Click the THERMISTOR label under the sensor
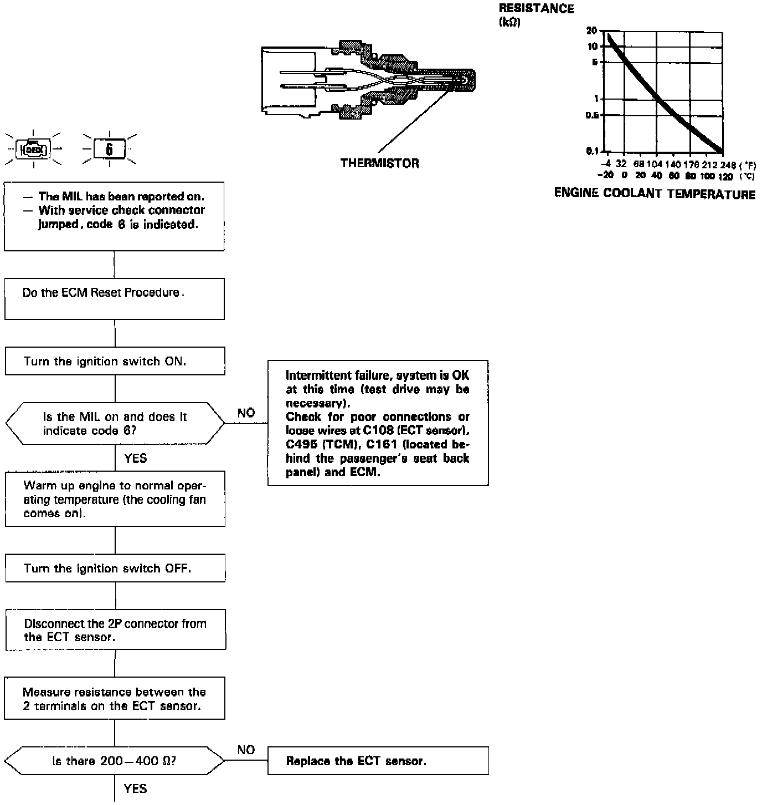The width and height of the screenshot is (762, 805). pyautogui.click(x=380, y=163)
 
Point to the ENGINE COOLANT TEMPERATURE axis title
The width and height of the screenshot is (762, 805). pyautogui.click(x=655, y=194)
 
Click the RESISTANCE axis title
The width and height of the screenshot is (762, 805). pyautogui.click(x=536, y=9)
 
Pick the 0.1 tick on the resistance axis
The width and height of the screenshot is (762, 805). pyautogui.click(x=591, y=151)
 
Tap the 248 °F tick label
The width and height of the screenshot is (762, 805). pyautogui.click(x=728, y=164)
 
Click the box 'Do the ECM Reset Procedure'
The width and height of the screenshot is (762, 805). pyautogui.click(x=115, y=299)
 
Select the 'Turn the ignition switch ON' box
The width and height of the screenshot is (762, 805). pyautogui.click(x=115, y=361)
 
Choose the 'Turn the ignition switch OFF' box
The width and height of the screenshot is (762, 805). pyautogui.click(x=115, y=568)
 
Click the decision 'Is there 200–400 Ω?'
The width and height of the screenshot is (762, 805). pyautogui.click(x=115, y=761)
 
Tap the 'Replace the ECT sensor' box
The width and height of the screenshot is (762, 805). pyautogui.click(x=378, y=761)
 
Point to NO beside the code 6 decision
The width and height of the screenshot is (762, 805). pyautogui.click(x=246, y=413)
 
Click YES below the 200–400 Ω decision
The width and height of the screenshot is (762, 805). pyautogui.click(x=136, y=788)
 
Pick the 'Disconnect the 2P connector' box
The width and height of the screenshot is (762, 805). pyautogui.click(x=115, y=630)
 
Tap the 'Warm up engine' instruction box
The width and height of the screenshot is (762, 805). pyautogui.click(x=115, y=499)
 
